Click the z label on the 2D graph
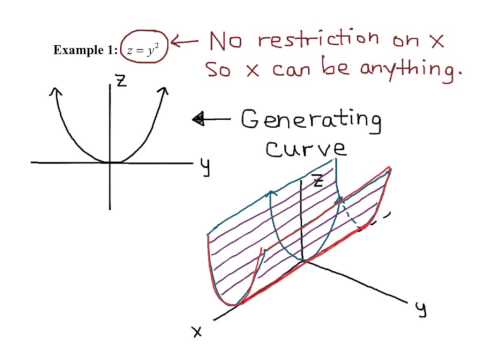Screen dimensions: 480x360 pyautogui.click(x=121, y=83)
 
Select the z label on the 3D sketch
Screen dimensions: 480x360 pyautogui.click(x=317, y=182)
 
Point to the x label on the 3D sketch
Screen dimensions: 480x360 pyautogui.click(x=198, y=331)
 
